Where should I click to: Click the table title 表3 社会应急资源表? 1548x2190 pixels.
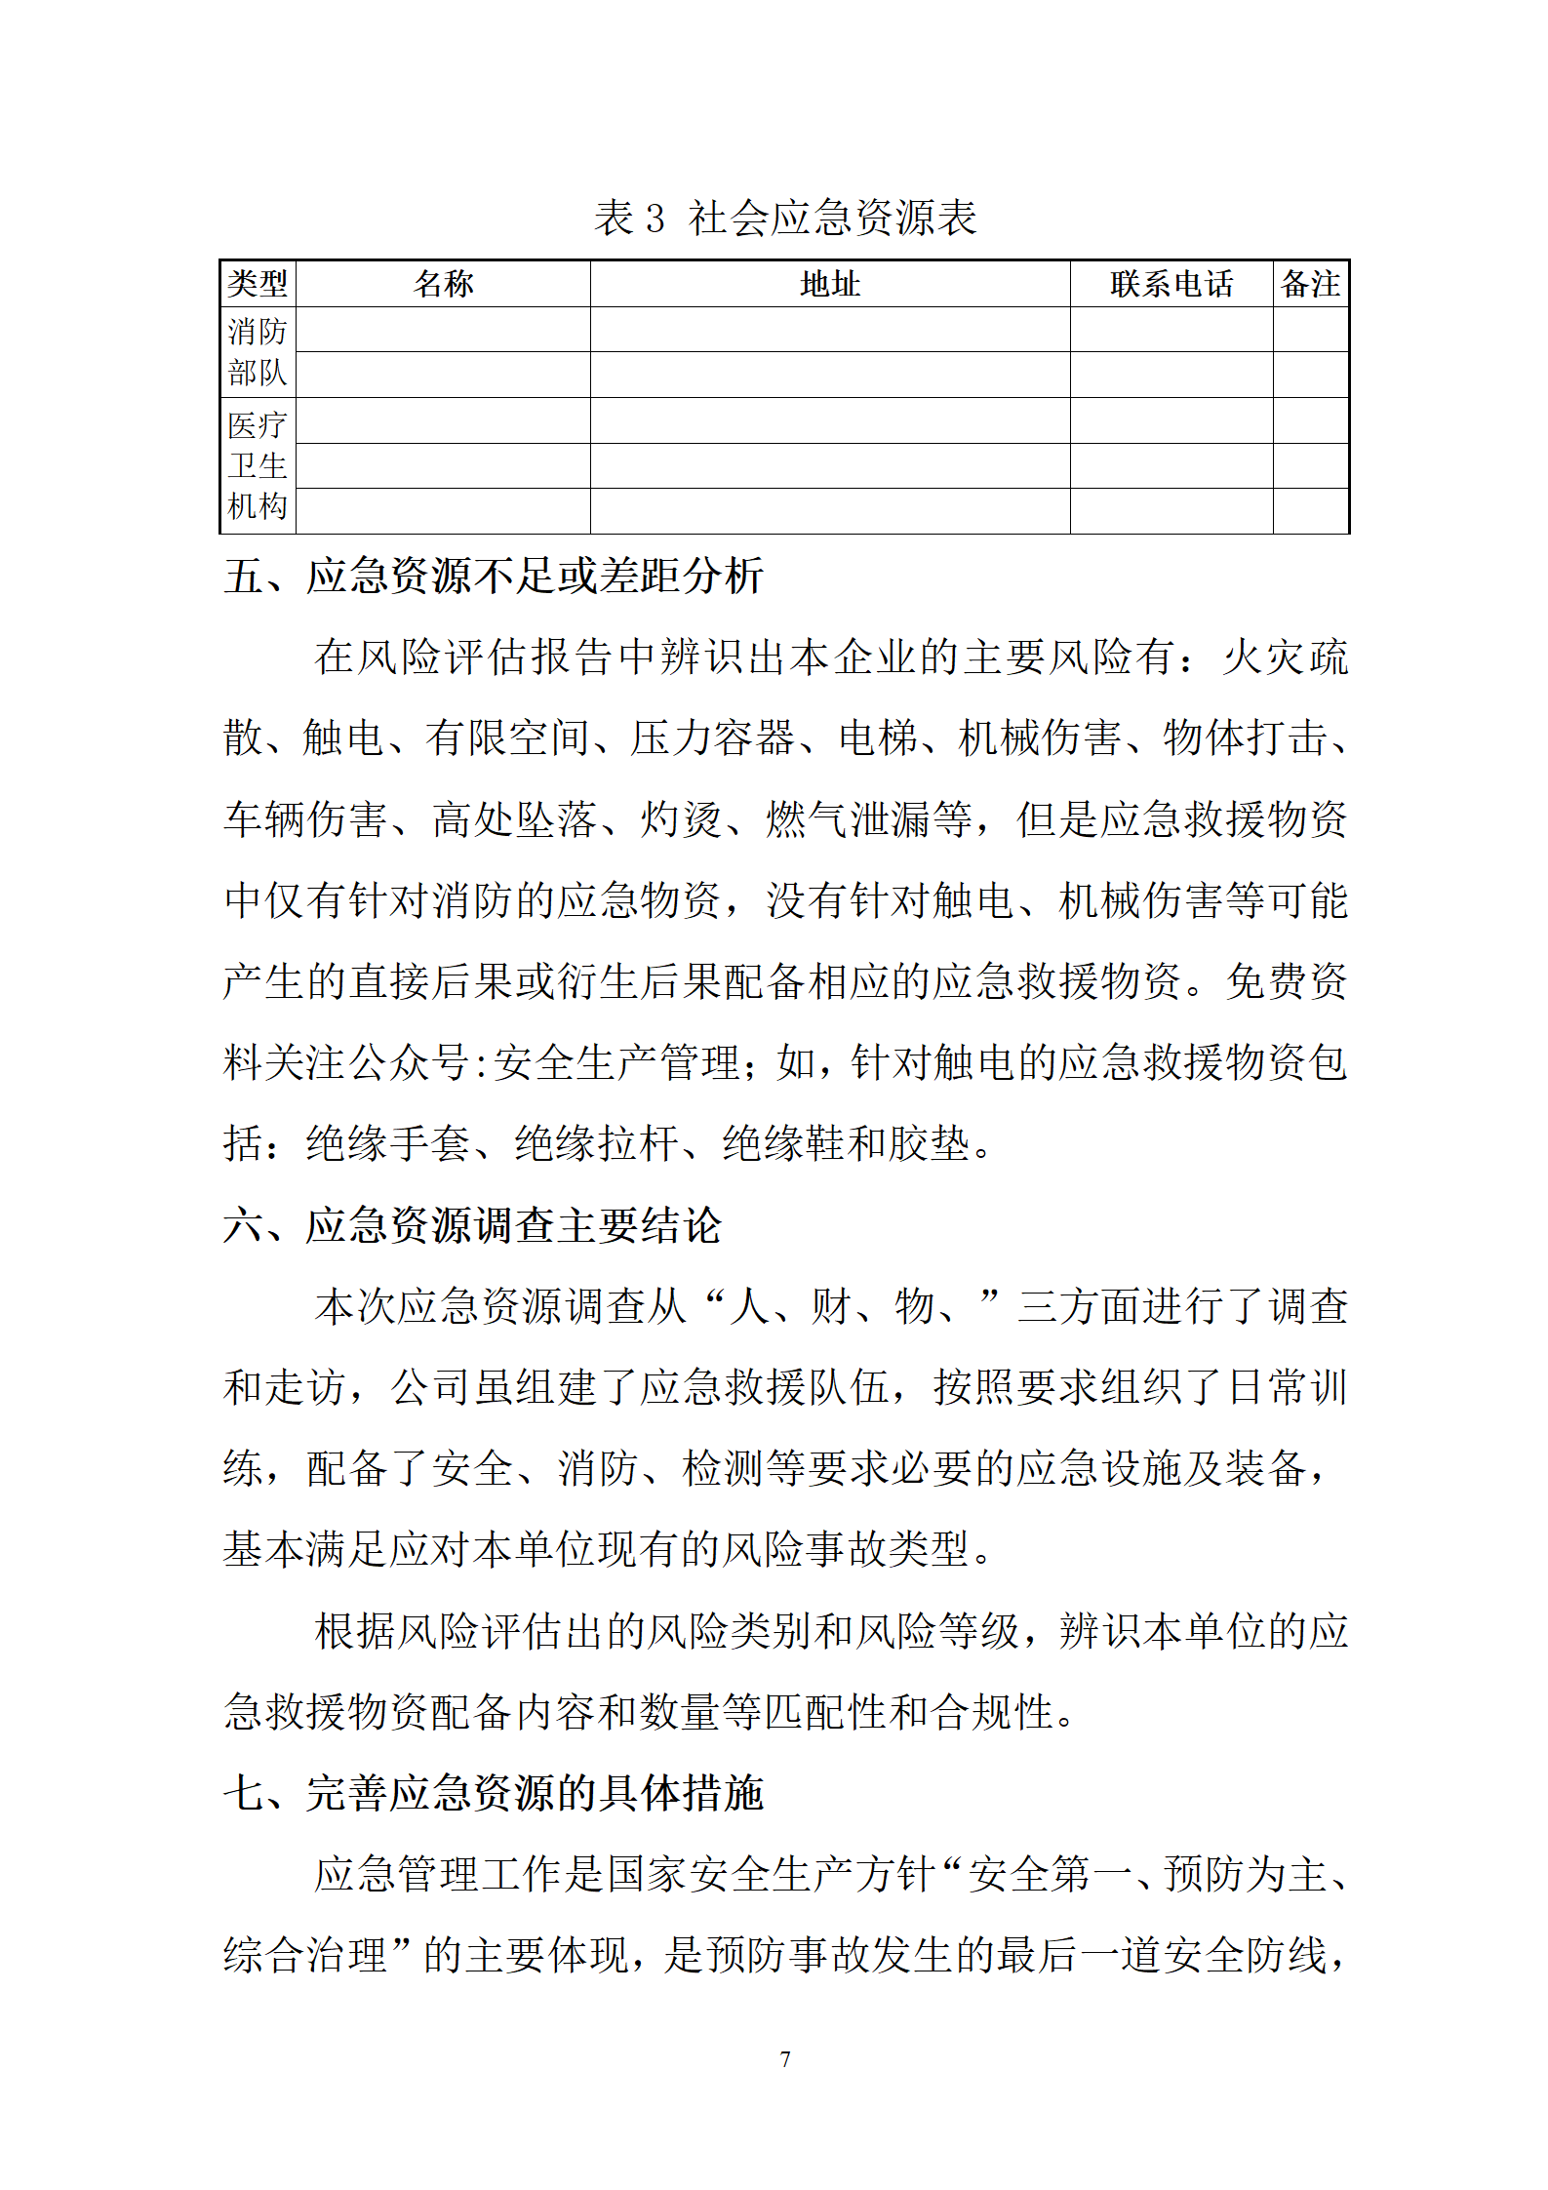point(785,218)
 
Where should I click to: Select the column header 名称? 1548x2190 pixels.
point(444,284)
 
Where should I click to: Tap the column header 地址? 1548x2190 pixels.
point(830,284)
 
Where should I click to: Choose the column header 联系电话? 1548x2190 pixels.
point(1171,284)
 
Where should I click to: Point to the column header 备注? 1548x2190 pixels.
point(1310,284)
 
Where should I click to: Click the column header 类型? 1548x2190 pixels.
point(258,284)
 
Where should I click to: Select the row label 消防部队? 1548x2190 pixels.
point(258,352)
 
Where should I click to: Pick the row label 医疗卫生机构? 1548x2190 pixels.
point(258,465)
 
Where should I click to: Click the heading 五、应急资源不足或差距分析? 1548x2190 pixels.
point(494,576)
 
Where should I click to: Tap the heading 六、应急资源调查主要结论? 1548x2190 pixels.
point(473,1225)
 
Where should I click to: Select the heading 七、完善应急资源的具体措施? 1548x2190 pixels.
point(494,1793)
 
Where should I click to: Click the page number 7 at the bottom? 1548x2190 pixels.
point(785,2059)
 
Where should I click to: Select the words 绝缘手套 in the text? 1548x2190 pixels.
point(388,1143)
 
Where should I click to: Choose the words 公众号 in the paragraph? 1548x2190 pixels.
point(410,1062)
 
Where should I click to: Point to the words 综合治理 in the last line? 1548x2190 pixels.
point(306,1955)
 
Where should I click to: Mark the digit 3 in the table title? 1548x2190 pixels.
point(655,219)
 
